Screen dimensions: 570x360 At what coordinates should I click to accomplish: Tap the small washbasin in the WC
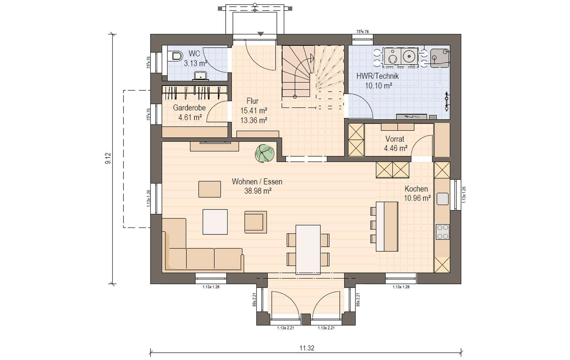pos(200,76)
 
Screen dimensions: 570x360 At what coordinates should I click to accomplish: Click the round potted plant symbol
pos(265,153)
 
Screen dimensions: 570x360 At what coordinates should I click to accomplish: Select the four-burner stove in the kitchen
pos(442,232)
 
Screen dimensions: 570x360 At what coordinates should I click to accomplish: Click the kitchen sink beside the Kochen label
pos(442,199)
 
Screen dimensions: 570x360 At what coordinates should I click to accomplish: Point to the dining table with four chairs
pos(308,250)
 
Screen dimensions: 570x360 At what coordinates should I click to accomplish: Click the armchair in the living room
pos(256,222)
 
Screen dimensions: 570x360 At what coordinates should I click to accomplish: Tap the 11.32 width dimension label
pos(307,348)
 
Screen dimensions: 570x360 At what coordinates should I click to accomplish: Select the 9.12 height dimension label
pos(108,158)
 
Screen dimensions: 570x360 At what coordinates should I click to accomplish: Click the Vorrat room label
pos(395,139)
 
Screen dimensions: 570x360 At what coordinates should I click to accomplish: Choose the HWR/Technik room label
pos(377,76)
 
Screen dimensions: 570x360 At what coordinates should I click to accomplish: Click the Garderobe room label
pos(189,107)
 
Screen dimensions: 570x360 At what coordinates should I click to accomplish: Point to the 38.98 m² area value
pos(258,191)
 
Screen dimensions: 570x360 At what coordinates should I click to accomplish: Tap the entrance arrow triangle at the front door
pos(260,34)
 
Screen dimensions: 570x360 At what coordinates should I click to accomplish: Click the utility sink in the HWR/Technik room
pos(440,58)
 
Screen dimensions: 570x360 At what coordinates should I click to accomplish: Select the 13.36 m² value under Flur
pos(254,120)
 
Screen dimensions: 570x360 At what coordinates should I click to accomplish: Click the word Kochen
pos(416,189)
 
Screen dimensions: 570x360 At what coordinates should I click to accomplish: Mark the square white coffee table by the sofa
pos(215,222)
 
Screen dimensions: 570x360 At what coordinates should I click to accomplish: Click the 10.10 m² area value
pos(378,85)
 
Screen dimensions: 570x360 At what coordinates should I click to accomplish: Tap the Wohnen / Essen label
pos(257,181)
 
